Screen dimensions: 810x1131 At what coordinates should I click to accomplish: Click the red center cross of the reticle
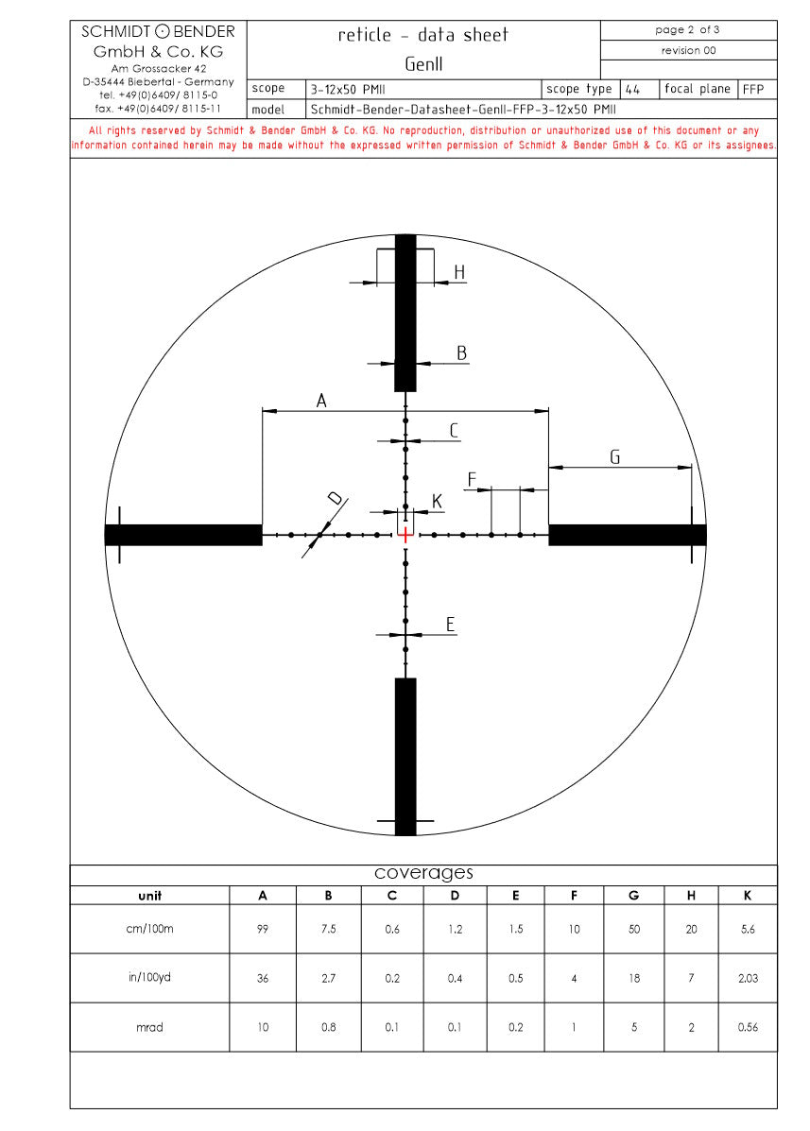click(405, 535)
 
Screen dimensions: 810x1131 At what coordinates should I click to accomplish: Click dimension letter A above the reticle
click(321, 401)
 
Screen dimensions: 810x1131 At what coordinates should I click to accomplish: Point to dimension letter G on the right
click(615, 456)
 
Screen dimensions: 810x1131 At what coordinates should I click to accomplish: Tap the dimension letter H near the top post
click(459, 272)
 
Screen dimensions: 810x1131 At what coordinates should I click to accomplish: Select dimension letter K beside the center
click(437, 502)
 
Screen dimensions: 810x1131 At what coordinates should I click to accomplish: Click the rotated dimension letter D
click(336, 498)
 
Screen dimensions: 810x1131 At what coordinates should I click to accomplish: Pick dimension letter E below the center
click(451, 624)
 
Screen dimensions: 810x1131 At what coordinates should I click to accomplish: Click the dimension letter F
click(473, 479)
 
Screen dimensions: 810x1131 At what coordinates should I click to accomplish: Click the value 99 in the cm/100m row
click(263, 929)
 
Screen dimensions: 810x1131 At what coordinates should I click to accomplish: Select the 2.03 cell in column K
click(748, 978)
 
